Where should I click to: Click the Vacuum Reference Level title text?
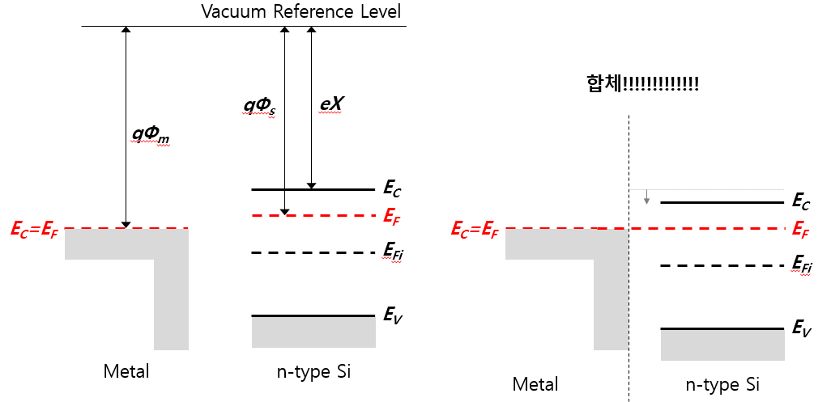tap(300, 12)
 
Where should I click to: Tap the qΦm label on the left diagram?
tap(151, 136)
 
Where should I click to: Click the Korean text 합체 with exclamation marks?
tap(643, 83)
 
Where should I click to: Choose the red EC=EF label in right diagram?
tap(475, 230)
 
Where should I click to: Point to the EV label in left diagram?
tap(393, 315)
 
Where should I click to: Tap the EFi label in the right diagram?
tap(802, 265)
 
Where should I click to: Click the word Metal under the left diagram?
tap(126, 372)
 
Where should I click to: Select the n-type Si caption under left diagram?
tap(313, 372)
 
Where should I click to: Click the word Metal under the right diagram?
tap(535, 383)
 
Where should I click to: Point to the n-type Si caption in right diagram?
tap(722, 383)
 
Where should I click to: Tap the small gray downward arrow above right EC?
tap(646, 197)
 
